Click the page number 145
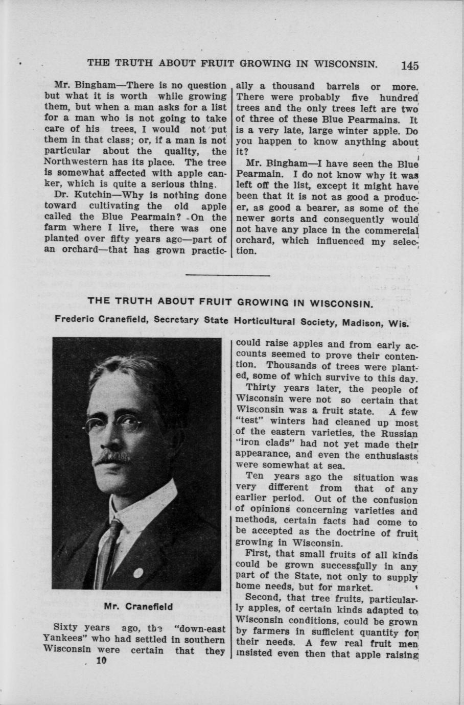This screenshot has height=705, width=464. (x=410, y=66)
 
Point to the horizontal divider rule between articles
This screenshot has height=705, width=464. (x=228, y=276)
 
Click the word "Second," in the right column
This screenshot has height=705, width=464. (x=264, y=598)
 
